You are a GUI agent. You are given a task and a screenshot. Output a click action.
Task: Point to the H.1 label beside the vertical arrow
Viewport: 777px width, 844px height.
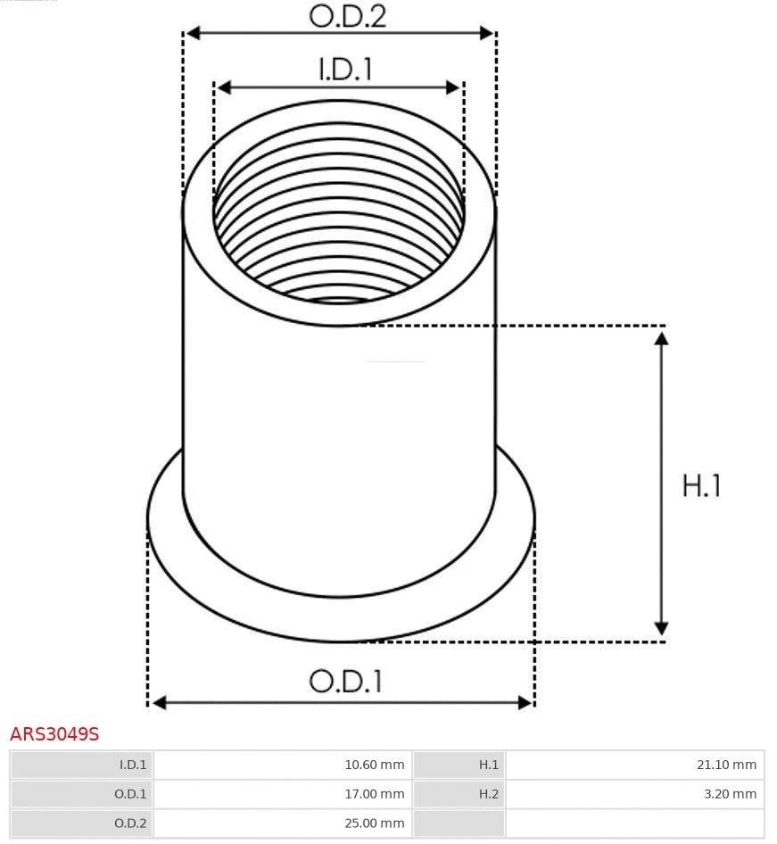click(701, 485)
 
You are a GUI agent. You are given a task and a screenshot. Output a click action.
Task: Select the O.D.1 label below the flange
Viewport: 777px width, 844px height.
click(345, 681)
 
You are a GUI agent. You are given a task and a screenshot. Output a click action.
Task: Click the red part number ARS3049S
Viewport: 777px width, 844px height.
click(54, 734)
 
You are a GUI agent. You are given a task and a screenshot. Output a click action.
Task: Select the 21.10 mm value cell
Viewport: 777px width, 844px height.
click(726, 765)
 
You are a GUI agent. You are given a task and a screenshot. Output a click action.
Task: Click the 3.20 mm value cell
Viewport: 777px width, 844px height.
click(730, 794)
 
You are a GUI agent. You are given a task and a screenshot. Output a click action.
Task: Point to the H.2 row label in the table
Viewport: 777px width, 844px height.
click(488, 794)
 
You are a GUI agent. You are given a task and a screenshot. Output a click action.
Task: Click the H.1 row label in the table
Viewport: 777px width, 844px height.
click(488, 765)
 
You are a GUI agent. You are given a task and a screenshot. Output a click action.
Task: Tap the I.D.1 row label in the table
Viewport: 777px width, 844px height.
click(133, 765)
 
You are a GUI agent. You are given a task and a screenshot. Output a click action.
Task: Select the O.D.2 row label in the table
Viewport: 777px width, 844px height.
click(130, 823)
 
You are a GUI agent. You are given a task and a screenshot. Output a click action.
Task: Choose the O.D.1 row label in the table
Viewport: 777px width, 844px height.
click(130, 794)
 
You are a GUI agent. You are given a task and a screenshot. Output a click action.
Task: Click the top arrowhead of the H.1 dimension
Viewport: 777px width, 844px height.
click(661, 337)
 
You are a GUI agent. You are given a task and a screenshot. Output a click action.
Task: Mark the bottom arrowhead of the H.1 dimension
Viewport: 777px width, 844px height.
click(661, 629)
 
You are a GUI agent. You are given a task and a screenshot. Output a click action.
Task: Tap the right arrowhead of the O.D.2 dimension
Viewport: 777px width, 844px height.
click(487, 33)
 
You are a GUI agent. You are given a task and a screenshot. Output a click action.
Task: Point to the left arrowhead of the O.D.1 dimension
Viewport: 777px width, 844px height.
click(159, 703)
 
